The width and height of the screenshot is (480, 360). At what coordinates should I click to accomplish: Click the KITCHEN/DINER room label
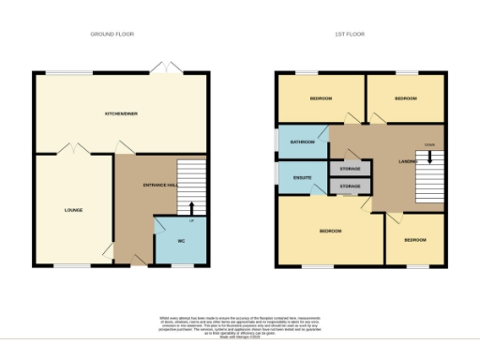121,113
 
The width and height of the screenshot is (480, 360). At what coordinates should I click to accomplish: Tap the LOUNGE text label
74,210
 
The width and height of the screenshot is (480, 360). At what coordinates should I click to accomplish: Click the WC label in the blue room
182,241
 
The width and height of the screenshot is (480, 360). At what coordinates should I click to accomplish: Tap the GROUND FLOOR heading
112,34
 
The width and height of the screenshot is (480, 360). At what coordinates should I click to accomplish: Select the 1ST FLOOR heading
349,34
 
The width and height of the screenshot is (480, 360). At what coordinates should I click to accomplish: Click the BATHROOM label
302,142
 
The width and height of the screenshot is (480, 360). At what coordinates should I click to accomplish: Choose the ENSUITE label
302,177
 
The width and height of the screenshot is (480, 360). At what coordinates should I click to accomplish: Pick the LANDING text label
407,162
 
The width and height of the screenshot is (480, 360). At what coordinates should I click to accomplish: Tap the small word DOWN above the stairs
428,144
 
